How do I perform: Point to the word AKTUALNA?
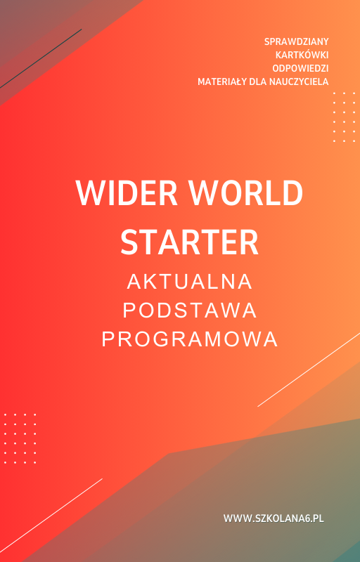(x=190, y=282)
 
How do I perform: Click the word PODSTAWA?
(x=190, y=311)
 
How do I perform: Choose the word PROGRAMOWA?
(x=190, y=339)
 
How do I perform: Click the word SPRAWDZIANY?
(x=296, y=41)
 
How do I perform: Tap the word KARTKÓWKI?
(x=302, y=55)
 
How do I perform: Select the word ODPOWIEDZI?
(x=300, y=68)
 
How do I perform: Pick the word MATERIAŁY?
(x=220, y=81)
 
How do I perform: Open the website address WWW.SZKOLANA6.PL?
(x=273, y=518)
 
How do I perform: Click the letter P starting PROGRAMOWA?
(x=109, y=339)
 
